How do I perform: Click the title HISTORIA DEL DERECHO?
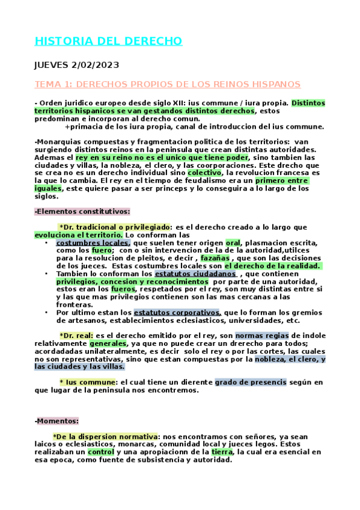point(108,41)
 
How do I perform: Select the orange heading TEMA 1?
point(168,84)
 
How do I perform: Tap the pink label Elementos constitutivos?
point(82,211)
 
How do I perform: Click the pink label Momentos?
point(57,420)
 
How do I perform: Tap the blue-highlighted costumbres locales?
point(93,242)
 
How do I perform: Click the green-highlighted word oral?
point(233,242)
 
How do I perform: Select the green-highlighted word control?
point(100,452)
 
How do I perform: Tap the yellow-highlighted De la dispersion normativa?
point(105,436)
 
